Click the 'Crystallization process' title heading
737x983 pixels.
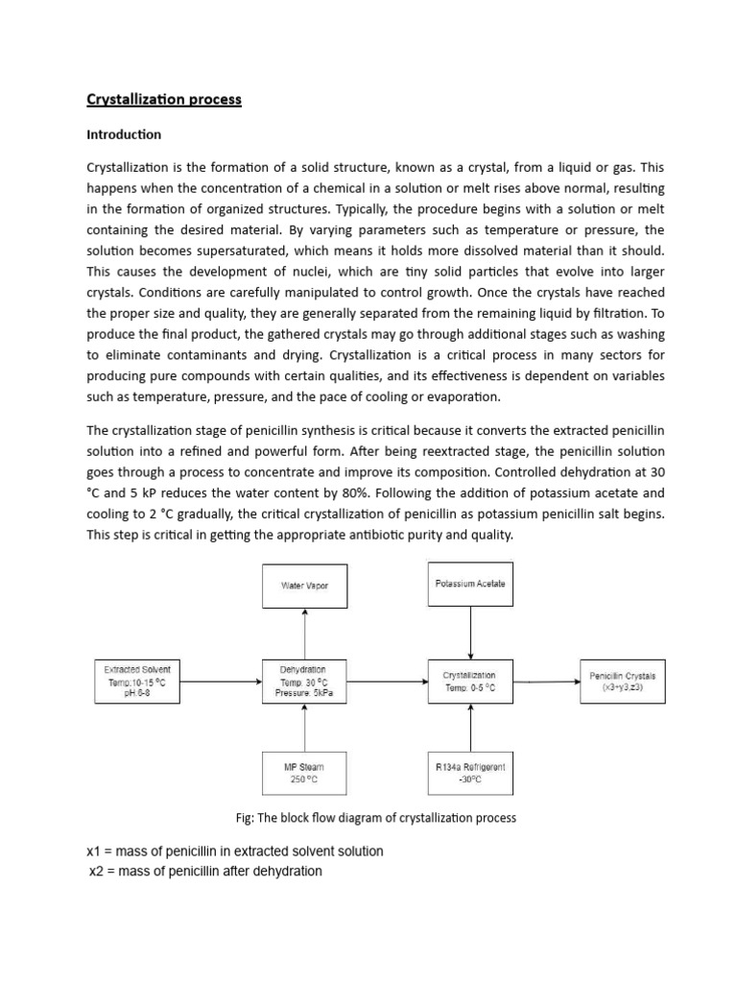(164, 100)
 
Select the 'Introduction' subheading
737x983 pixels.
(125, 134)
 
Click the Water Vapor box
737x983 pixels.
(304, 585)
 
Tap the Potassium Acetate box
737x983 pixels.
(469, 584)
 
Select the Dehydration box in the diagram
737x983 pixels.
(303, 682)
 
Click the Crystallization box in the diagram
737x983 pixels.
(469, 682)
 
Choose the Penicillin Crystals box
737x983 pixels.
(621, 682)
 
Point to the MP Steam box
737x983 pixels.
(303, 774)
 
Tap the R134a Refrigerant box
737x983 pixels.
(469, 774)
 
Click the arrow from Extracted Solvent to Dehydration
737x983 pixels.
(221, 682)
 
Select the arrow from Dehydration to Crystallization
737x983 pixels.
(386, 682)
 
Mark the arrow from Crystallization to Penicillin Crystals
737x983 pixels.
(545, 682)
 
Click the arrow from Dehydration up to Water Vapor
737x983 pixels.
(304, 634)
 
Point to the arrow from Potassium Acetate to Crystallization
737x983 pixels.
(469, 634)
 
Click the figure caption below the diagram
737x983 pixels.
(376, 818)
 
